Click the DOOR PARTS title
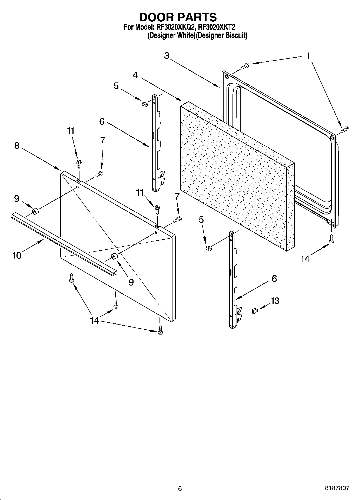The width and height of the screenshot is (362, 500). tap(178, 17)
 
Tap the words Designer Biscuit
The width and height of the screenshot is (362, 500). tap(222, 35)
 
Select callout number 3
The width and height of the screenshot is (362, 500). tap(167, 56)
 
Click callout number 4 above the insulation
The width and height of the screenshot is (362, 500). tap(135, 75)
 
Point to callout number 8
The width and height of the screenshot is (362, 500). tap(17, 146)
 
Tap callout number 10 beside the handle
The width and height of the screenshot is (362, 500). tap(17, 255)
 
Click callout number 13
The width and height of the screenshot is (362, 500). tap(275, 301)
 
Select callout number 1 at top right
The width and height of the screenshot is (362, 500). tap(308, 56)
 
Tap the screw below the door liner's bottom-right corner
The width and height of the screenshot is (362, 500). tap(331, 239)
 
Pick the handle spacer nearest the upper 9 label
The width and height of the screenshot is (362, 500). tap(35, 211)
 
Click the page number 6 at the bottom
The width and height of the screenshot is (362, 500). tap(180, 488)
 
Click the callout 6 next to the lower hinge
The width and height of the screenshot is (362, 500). tap(274, 278)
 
